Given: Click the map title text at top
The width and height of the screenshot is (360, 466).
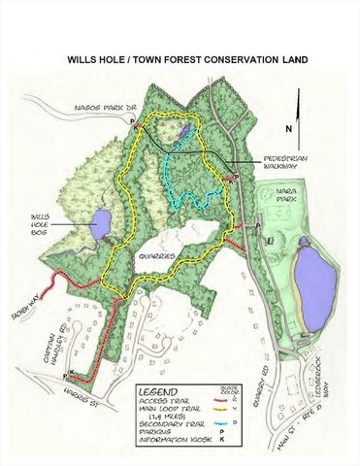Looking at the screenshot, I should pos(187,59).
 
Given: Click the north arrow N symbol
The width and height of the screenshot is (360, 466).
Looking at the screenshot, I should pos(288,127).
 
